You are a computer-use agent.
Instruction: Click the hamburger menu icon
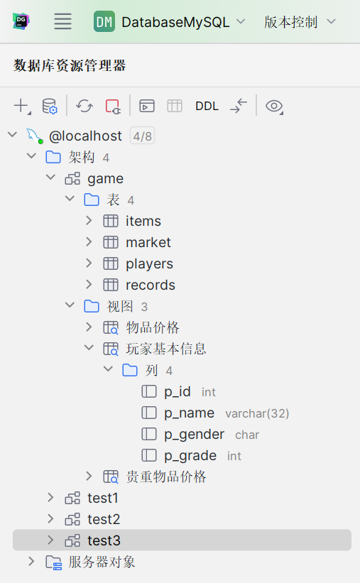62,21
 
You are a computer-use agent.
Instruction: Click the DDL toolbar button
207,106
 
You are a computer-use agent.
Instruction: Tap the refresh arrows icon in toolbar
84,106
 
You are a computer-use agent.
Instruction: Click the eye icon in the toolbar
274,107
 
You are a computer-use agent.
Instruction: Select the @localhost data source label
85,136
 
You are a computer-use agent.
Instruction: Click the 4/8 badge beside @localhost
143,136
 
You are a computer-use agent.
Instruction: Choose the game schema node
105,179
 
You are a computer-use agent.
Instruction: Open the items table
143,222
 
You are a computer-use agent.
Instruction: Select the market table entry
148,242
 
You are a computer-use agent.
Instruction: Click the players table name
149,264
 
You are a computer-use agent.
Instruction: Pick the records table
151,285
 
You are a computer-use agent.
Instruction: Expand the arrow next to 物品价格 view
89,327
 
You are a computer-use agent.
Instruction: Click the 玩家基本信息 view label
166,349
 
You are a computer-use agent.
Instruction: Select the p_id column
178,391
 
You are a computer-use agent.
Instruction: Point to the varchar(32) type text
257,413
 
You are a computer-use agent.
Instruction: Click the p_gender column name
194,435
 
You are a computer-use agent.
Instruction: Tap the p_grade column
190,455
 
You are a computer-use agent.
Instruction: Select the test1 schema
103,498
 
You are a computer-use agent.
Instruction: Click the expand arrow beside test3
50,540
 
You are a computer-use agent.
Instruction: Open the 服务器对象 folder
102,562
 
